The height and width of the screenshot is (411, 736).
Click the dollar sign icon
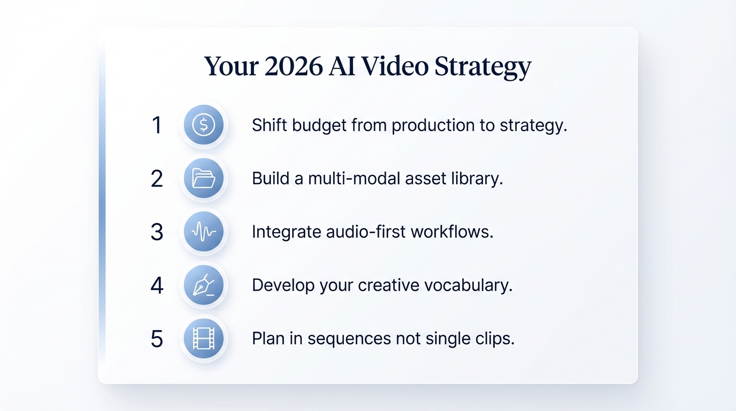pyautogui.click(x=203, y=125)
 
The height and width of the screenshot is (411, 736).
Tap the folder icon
pyautogui.click(x=203, y=178)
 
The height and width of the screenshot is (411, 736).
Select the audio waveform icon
pyautogui.click(x=203, y=232)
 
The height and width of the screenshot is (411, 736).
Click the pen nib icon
pyautogui.click(x=203, y=285)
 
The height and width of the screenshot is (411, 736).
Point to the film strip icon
pyautogui.click(x=203, y=339)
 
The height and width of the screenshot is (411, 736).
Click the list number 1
pyautogui.click(x=157, y=125)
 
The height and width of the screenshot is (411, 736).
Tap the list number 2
pyautogui.click(x=157, y=179)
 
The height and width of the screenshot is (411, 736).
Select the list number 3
pyautogui.click(x=157, y=232)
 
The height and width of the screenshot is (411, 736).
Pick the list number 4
pyautogui.click(x=157, y=286)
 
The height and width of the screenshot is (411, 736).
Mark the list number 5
pyautogui.click(x=157, y=339)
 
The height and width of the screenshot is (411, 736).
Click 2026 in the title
pyautogui.click(x=294, y=66)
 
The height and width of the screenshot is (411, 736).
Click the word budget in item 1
pyautogui.click(x=318, y=125)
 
